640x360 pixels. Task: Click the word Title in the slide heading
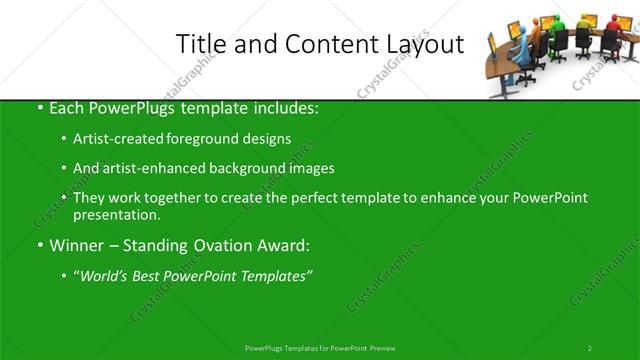(200, 44)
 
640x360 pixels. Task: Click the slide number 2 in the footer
(590, 348)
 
